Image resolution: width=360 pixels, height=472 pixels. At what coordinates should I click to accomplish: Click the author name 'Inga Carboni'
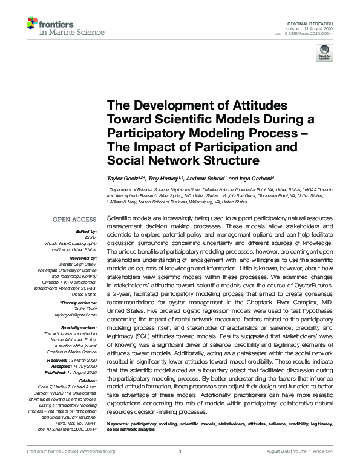pos(256,179)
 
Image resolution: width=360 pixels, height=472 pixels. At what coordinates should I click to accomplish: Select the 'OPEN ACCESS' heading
pos(75,218)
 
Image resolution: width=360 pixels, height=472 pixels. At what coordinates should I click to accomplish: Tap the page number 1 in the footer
pos(180,451)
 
